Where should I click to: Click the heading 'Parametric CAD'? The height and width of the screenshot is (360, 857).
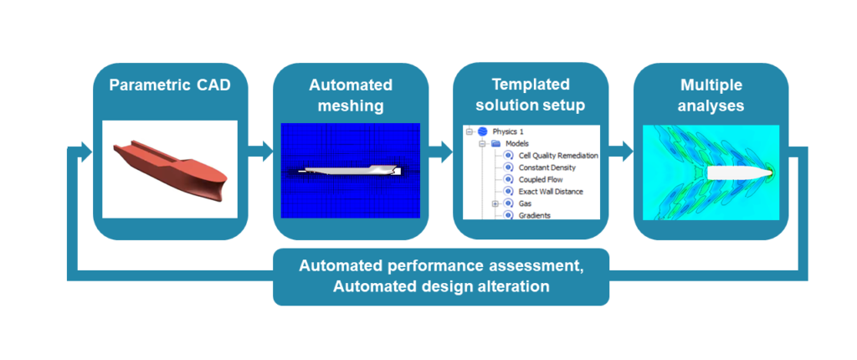pos(170,86)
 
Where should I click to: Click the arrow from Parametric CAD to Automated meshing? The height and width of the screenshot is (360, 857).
pos(260,152)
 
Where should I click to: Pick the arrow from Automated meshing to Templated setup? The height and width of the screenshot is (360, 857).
pos(441,152)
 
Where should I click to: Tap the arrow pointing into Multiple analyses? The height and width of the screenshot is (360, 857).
pos(621,152)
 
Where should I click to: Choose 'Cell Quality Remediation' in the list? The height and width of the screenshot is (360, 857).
pos(557,156)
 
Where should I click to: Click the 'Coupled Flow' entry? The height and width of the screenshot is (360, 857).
pos(541,179)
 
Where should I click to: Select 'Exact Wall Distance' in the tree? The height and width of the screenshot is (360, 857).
pos(551,192)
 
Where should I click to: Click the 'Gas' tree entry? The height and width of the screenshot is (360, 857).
pos(525,203)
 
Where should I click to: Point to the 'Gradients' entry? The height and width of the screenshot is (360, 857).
pos(535,215)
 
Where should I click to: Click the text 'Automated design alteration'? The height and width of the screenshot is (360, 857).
pos(440,286)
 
